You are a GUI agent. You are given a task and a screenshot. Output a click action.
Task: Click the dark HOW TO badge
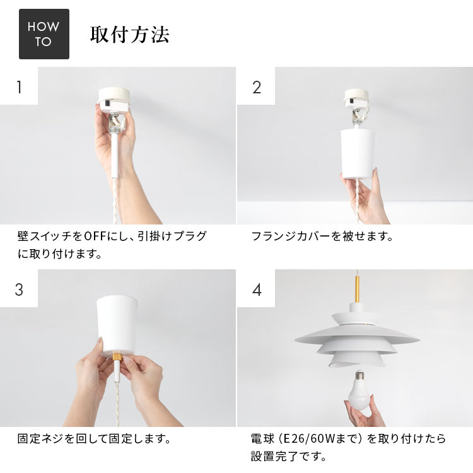click(x=44, y=34)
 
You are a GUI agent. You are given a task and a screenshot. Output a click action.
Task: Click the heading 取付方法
click(x=129, y=35)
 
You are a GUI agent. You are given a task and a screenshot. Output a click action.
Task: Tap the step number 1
click(x=19, y=86)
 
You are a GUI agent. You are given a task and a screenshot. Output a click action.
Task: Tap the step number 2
click(x=256, y=86)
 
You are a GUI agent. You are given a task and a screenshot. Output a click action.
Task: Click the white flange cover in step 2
click(x=358, y=153)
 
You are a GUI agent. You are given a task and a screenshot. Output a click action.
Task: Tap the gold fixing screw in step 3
click(x=117, y=357)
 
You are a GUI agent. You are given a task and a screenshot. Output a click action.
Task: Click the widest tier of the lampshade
click(x=357, y=338)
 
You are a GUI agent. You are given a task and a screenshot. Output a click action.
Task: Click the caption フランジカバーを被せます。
click(x=322, y=237)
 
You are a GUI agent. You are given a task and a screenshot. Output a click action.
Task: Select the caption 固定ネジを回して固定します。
click(x=94, y=438)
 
